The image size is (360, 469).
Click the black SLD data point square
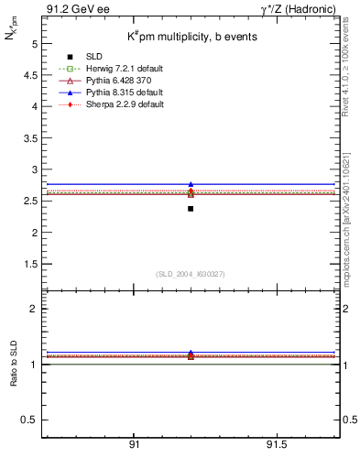191,209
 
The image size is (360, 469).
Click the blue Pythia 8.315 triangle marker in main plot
191,185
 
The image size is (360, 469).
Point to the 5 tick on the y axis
33,43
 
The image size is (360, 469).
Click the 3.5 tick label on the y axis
30,138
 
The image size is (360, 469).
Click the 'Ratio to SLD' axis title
14,364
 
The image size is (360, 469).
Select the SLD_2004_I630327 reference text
191,274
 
